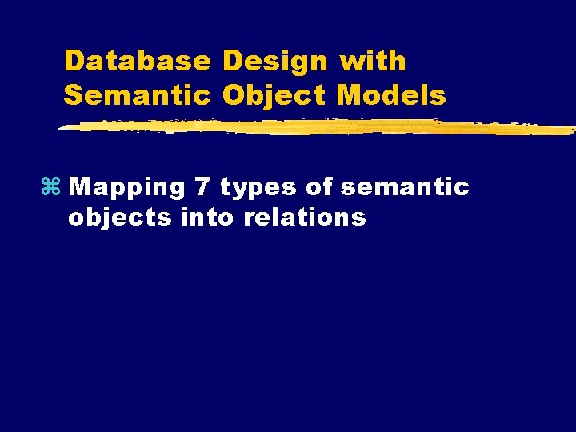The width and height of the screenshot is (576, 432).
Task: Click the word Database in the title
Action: [x=138, y=61]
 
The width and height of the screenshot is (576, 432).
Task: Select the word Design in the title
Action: [x=275, y=61]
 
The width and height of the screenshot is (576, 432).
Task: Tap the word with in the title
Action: [x=373, y=61]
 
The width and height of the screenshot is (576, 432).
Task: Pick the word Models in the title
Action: [x=391, y=96]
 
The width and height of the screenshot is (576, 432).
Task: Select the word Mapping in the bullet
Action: [x=126, y=187]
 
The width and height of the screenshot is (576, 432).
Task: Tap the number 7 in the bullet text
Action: [x=202, y=187]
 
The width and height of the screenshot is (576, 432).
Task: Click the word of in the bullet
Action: [x=318, y=187]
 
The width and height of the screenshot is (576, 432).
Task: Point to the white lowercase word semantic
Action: [x=404, y=187]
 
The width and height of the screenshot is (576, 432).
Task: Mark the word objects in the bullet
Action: [x=121, y=218]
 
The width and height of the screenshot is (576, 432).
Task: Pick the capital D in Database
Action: [x=74, y=61]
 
